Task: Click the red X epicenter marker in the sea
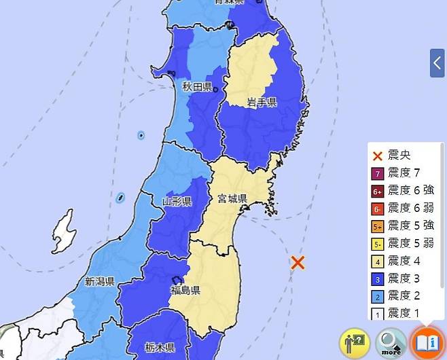coord(297,263)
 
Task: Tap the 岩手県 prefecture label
coord(261,102)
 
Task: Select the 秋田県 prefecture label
coord(197,88)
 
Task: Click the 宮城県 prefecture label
coord(232,199)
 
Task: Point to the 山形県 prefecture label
coord(177,201)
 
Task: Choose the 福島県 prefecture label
coord(185,291)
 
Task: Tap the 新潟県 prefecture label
coord(99,281)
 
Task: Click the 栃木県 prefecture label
coord(159,347)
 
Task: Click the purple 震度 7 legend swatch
coord(378,173)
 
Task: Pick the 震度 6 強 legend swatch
coord(378,190)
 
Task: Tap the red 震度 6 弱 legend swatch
coord(378,208)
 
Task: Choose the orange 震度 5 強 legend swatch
coord(378,226)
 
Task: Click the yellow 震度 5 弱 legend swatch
coord(378,243)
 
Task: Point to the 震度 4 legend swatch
coord(378,261)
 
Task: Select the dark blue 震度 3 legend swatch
coord(378,278)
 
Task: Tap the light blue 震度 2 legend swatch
coord(378,296)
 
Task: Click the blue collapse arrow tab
coord(437,63)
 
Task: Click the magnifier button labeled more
coord(391,341)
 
